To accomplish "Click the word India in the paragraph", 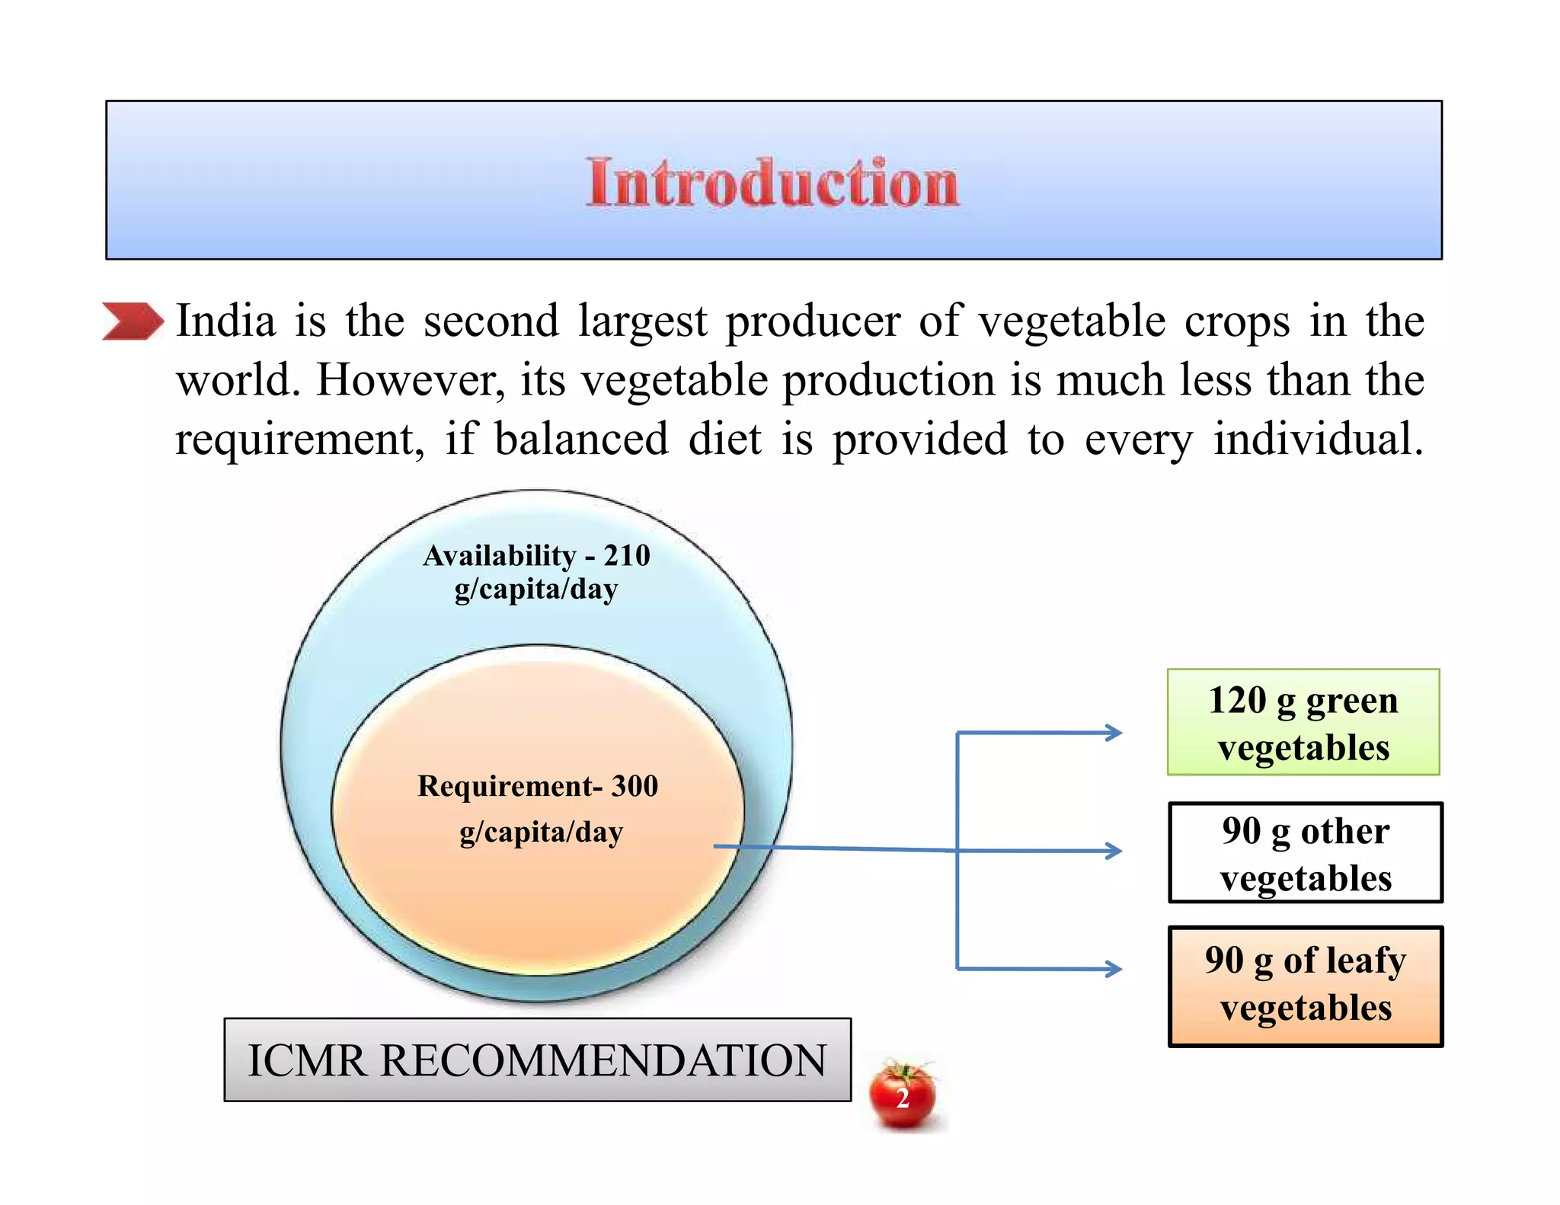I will (x=225, y=321).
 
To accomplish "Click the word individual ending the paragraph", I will (x=1318, y=439).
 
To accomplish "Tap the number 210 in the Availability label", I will (x=627, y=555).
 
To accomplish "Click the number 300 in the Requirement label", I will (x=635, y=786).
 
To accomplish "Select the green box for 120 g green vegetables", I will (x=1303, y=722).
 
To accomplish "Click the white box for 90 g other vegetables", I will (x=1306, y=852).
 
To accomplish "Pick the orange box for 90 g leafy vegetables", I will (x=1306, y=986).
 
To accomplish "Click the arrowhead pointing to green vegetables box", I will (x=1114, y=733).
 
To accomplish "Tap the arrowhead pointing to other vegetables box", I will (x=1114, y=850).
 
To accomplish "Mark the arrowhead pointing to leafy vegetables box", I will (x=1114, y=969).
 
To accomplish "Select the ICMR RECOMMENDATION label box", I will (x=537, y=1060).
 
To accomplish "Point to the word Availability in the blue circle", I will (x=500, y=556).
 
